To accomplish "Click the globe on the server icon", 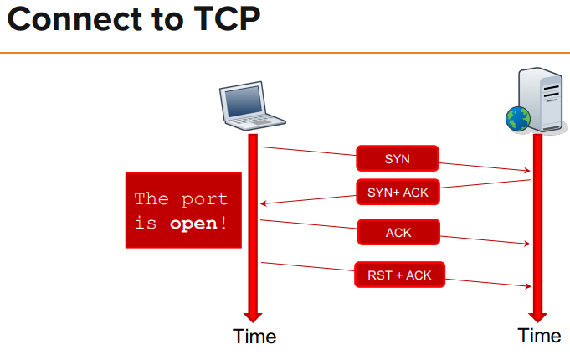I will click(518, 119).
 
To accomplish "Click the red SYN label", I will click(397, 158).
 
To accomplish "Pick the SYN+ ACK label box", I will click(398, 192).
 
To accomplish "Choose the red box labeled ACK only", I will click(398, 232).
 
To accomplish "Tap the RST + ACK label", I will click(399, 275).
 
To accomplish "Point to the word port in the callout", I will click(206, 199).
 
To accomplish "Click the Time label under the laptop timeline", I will click(254, 337).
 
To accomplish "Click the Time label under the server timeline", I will click(539, 336).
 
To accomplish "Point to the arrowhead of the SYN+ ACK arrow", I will click(264, 203).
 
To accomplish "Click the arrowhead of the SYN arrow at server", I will click(526, 171).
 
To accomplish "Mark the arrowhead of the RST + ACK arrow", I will click(526, 285).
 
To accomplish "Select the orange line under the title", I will click(285, 54).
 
